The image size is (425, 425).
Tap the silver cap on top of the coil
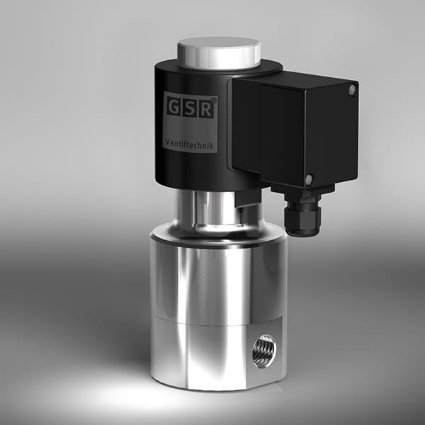click(x=218, y=51)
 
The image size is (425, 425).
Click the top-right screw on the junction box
click(x=352, y=89)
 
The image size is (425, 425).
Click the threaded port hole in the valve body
click(x=264, y=350)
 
